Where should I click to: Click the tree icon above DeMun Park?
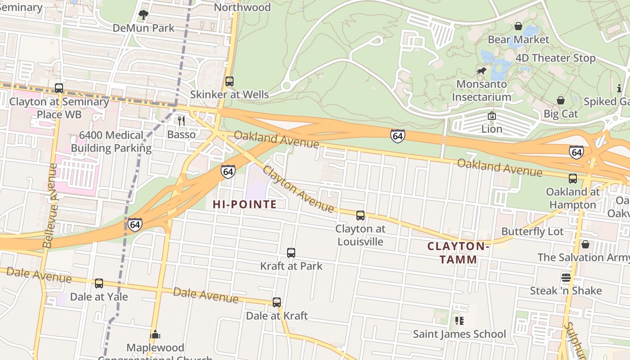(144, 15)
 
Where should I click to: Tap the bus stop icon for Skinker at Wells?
(229, 81)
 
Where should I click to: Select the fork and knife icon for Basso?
(181, 121)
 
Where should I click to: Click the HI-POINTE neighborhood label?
(245, 205)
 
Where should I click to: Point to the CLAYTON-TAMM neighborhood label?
(458, 253)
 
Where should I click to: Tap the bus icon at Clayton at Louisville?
(360, 216)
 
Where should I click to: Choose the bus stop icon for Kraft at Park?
(291, 253)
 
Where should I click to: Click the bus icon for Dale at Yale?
(99, 283)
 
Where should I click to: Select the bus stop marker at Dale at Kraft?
(277, 302)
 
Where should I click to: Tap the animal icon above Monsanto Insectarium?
(481, 71)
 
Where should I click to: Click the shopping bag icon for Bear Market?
(518, 26)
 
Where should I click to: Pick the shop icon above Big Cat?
(561, 100)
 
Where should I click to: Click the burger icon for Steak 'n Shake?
(566, 277)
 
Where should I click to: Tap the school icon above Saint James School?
(459, 321)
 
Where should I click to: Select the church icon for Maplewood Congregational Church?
(155, 334)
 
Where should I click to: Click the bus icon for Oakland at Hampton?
(572, 179)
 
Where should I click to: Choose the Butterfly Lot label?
(532, 232)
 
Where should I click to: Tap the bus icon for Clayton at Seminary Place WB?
(59, 88)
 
